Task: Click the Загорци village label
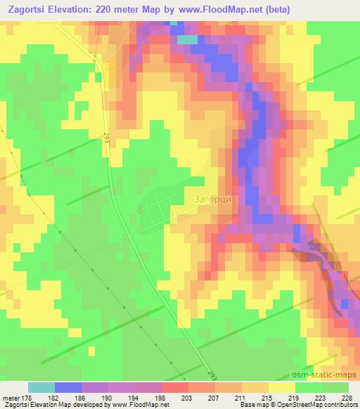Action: click(212, 199)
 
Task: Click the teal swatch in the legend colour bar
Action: click(41, 387)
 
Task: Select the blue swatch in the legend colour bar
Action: click(68, 387)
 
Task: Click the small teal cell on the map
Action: click(187, 39)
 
